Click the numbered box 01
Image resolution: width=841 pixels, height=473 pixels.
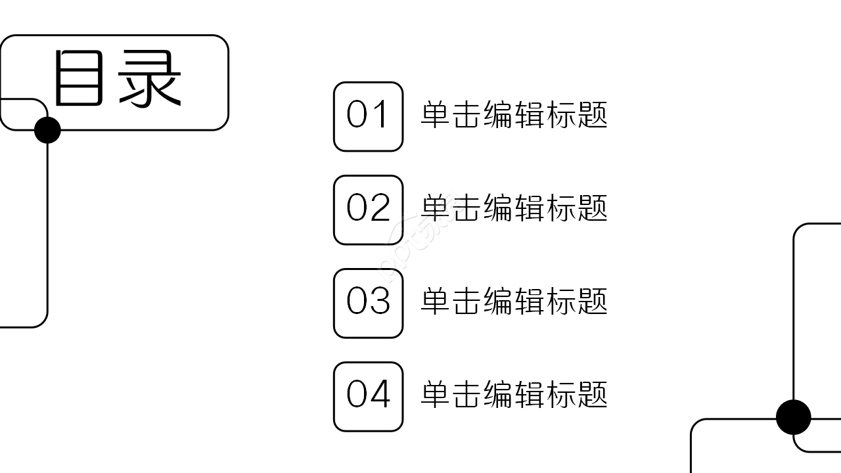coord(368,116)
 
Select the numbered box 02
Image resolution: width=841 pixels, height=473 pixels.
coord(368,210)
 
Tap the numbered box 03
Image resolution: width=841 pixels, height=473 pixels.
coord(368,303)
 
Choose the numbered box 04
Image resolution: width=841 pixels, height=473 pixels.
coord(368,396)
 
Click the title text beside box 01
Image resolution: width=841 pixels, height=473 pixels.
coord(514,115)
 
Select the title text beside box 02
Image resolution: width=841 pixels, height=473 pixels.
coord(514,208)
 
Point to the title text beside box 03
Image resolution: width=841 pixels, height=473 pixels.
coord(514,302)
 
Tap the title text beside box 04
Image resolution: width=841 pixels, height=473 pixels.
coord(514,395)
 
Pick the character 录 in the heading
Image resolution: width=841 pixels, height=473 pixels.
coord(150,79)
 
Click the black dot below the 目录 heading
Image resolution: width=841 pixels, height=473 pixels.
coord(47,130)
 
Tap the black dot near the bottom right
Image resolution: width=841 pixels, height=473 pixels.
coord(794,417)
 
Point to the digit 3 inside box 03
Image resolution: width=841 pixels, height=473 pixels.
coord(380,302)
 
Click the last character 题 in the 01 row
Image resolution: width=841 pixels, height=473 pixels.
coord(593,115)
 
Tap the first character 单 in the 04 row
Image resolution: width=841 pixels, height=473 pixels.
coord(435,395)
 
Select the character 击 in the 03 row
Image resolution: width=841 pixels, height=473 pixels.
coord(466,302)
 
